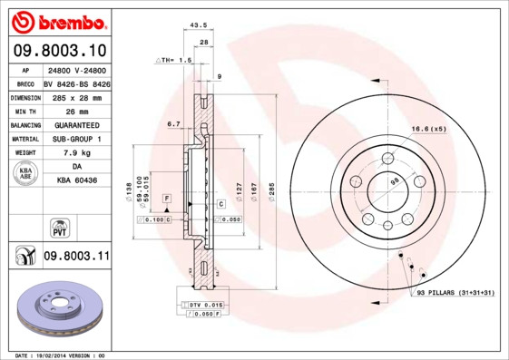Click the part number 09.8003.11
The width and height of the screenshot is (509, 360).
(x=76, y=258)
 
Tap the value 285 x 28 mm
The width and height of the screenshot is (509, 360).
(x=76, y=96)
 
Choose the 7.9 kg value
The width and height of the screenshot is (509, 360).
(x=76, y=153)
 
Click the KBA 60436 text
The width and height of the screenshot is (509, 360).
(x=76, y=181)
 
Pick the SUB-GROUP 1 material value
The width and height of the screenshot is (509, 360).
(x=76, y=139)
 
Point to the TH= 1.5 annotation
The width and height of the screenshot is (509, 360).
(x=174, y=60)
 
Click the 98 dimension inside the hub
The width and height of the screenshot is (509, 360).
(x=394, y=182)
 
